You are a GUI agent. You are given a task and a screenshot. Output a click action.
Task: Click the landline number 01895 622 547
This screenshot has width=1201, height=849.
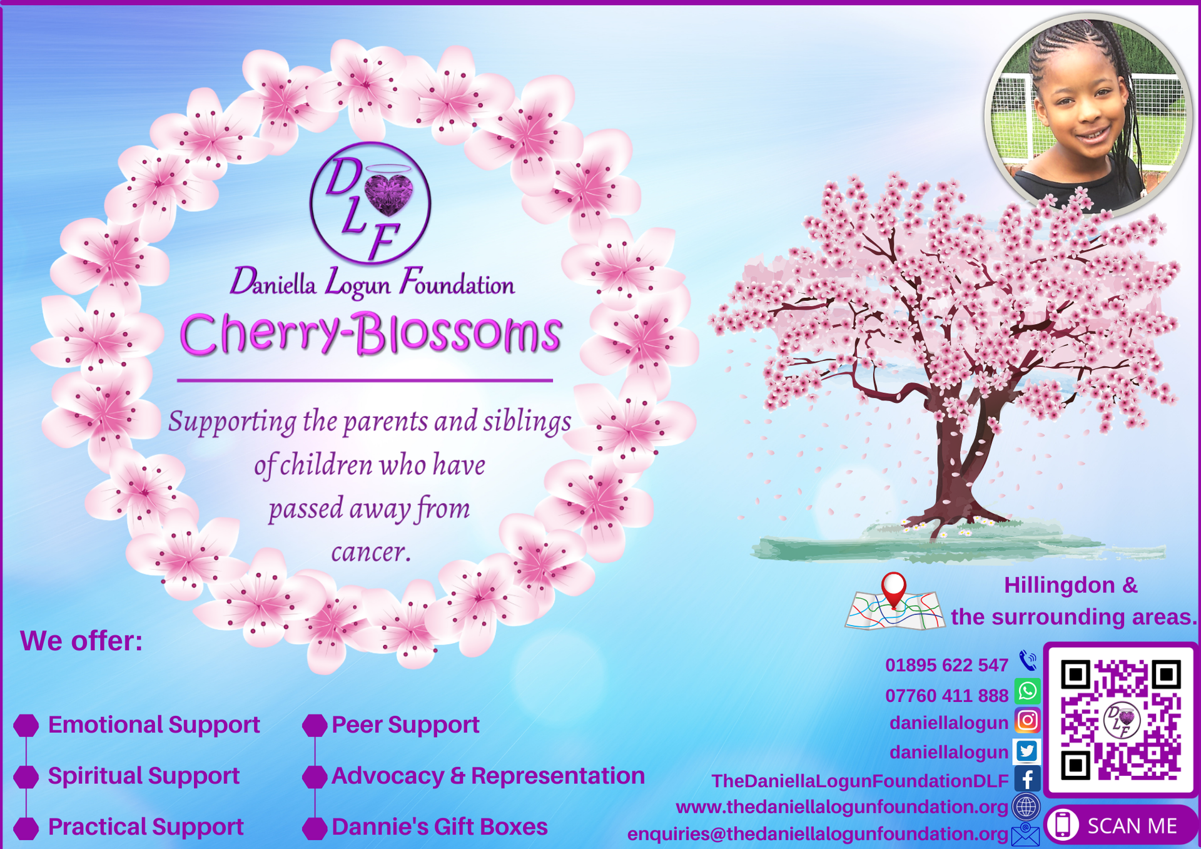[946, 665]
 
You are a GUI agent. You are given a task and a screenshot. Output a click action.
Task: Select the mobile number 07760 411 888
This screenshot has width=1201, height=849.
[946, 695]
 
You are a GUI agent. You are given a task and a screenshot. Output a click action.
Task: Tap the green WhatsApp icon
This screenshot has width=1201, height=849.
[1027, 691]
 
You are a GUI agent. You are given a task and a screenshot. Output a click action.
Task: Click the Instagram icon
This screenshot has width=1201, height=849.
[1027, 721]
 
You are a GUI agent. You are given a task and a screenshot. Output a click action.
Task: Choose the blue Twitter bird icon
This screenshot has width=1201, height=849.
[1027, 751]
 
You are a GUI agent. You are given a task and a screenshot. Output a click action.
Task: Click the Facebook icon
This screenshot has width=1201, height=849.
[1027, 779]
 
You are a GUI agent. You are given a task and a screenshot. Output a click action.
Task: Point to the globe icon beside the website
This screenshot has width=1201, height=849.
[1026, 806]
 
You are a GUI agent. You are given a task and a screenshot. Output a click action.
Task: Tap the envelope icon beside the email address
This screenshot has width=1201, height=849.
[1025, 834]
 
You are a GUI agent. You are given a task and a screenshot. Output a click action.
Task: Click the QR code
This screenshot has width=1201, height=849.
[1120, 719]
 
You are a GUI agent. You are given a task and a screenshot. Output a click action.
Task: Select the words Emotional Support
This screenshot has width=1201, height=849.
[154, 724]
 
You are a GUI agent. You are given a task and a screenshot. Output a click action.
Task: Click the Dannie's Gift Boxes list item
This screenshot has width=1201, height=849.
[440, 826]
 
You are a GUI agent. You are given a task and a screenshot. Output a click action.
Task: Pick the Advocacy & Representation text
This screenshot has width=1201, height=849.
[488, 776]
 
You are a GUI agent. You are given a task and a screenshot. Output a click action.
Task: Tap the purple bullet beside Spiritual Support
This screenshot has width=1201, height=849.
[26, 776]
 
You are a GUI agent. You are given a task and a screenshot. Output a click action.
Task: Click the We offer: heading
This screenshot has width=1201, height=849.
[81, 641]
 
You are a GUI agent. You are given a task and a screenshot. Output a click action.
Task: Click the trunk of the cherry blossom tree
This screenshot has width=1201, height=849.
[951, 463]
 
